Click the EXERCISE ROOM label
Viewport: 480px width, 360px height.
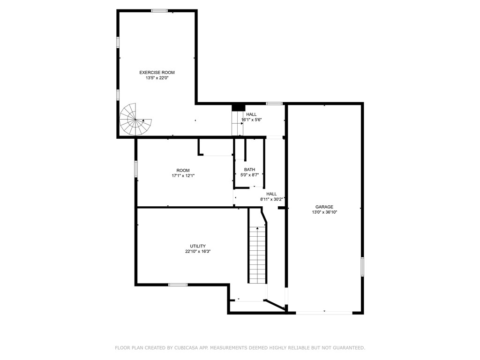157,72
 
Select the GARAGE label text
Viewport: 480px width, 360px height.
324,207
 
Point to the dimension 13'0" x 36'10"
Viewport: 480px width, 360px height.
324,212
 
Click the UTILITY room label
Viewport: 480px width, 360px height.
197,246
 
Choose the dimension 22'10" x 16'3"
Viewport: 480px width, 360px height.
197,252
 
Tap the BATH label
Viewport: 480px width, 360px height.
249,170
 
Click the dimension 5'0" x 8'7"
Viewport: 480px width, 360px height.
249,175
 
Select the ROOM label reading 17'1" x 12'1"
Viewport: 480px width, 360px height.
183,170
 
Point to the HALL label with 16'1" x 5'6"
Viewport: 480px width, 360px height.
251,114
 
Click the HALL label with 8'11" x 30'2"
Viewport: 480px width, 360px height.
271,194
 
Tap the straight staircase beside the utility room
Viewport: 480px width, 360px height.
257,255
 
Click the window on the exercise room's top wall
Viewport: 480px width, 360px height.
159,10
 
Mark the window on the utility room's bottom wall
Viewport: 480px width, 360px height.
178,285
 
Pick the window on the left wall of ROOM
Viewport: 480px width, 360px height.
136,169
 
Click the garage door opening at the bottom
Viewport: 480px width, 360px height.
324,313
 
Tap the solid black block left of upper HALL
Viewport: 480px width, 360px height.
238,108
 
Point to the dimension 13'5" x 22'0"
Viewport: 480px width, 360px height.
157,78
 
